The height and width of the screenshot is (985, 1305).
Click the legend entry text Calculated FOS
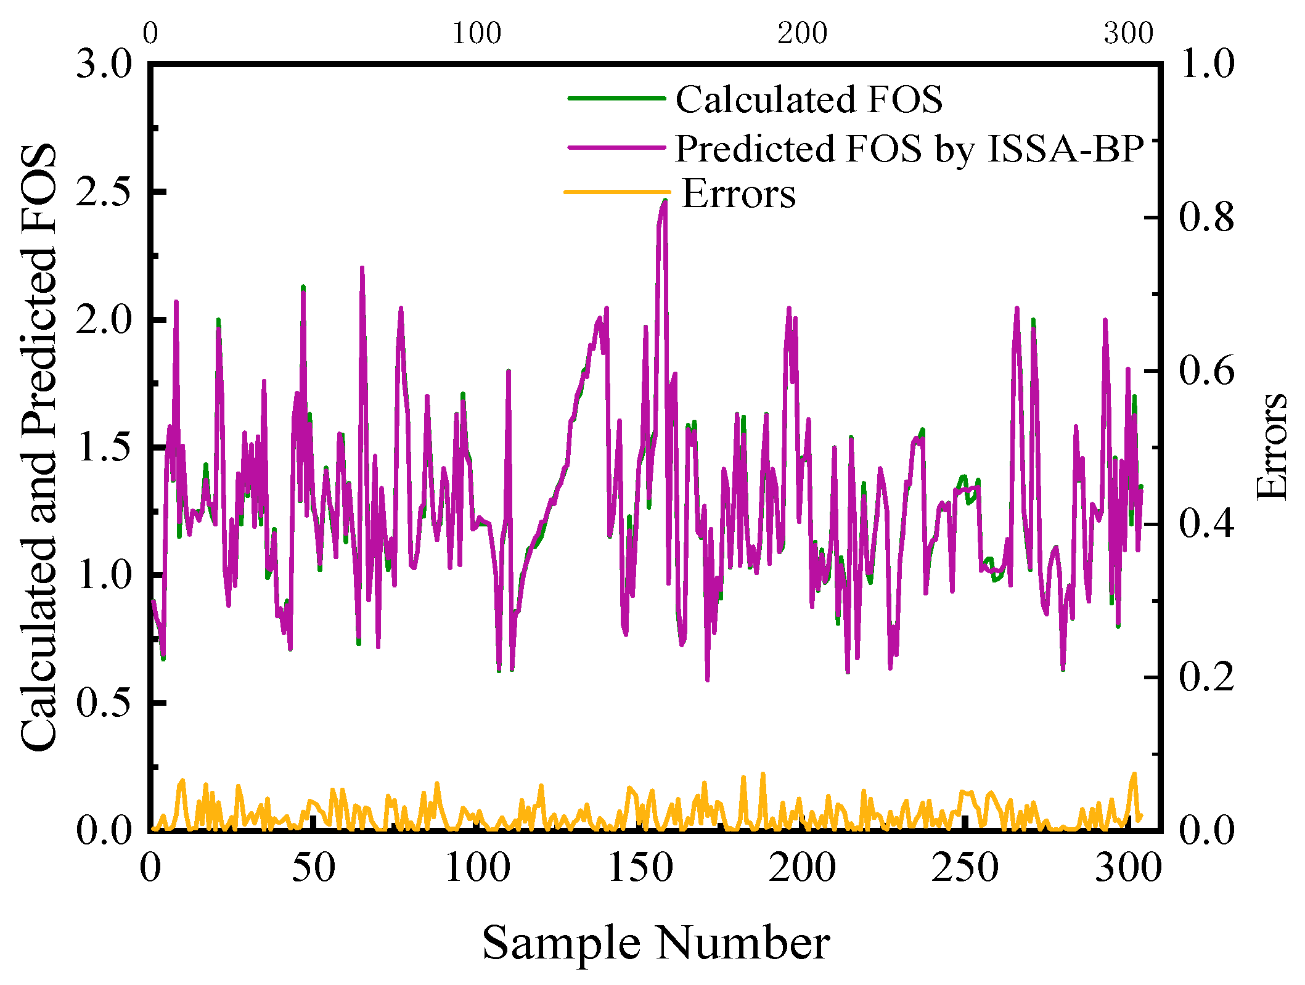[x=809, y=99]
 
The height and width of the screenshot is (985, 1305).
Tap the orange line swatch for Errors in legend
[x=617, y=192]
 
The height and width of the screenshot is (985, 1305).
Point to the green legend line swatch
[x=616, y=99]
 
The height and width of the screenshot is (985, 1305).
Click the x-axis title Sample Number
[x=656, y=942]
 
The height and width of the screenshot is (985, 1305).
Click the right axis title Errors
[x=1271, y=446]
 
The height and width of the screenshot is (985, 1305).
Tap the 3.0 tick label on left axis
[x=104, y=63]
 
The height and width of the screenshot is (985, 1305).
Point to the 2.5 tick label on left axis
[x=104, y=192]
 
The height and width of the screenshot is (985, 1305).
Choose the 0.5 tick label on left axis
[x=104, y=703]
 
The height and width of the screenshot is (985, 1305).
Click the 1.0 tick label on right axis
[x=1206, y=63]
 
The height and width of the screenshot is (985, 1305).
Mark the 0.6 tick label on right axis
[x=1206, y=370]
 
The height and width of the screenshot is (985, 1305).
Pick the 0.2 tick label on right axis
[x=1206, y=677]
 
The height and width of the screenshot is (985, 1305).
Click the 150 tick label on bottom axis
[x=640, y=868]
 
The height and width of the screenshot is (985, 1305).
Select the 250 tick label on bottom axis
[x=965, y=868]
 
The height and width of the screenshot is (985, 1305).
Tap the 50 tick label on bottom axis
[x=314, y=868]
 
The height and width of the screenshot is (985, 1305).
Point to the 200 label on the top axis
[x=802, y=33]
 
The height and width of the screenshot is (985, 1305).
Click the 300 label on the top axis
[x=1128, y=33]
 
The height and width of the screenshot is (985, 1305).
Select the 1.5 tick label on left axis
[x=104, y=448]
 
